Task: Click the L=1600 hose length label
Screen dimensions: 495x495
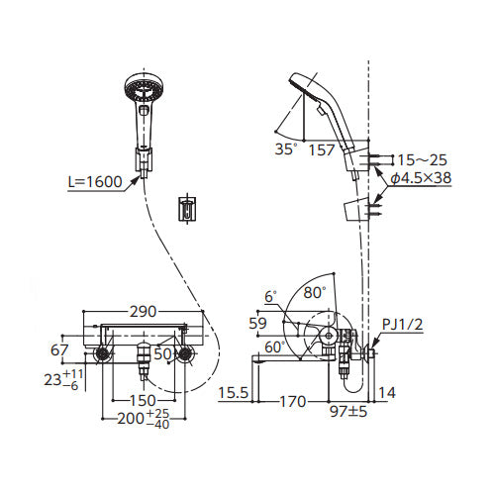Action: click(x=95, y=182)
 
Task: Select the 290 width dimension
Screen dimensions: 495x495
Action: click(x=143, y=312)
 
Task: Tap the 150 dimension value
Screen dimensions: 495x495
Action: click(x=143, y=401)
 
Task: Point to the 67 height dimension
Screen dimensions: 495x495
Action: click(x=59, y=349)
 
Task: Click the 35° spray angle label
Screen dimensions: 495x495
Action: click(x=285, y=149)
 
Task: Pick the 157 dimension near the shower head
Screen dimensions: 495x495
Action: click(x=322, y=150)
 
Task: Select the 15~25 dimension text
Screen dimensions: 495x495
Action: click(x=422, y=160)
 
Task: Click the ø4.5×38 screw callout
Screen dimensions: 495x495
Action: click(x=421, y=178)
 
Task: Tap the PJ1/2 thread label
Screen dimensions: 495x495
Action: click(x=402, y=325)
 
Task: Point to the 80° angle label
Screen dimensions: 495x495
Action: click(x=315, y=292)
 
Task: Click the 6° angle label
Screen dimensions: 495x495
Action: click(x=270, y=297)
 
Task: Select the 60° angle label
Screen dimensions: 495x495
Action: click(x=274, y=347)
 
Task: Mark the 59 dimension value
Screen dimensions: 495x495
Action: click(x=257, y=324)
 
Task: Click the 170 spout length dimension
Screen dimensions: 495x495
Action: click(x=293, y=402)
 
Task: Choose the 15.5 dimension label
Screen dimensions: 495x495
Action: click(x=233, y=393)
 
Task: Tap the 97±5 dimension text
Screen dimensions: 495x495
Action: click(x=348, y=412)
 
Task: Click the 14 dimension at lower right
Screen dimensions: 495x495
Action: click(x=387, y=393)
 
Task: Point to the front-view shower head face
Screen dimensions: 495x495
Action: click(x=145, y=88)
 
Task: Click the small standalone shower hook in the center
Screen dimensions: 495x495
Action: click(x=187, y=209)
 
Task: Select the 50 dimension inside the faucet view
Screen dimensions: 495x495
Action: click(x=162, y=354)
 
